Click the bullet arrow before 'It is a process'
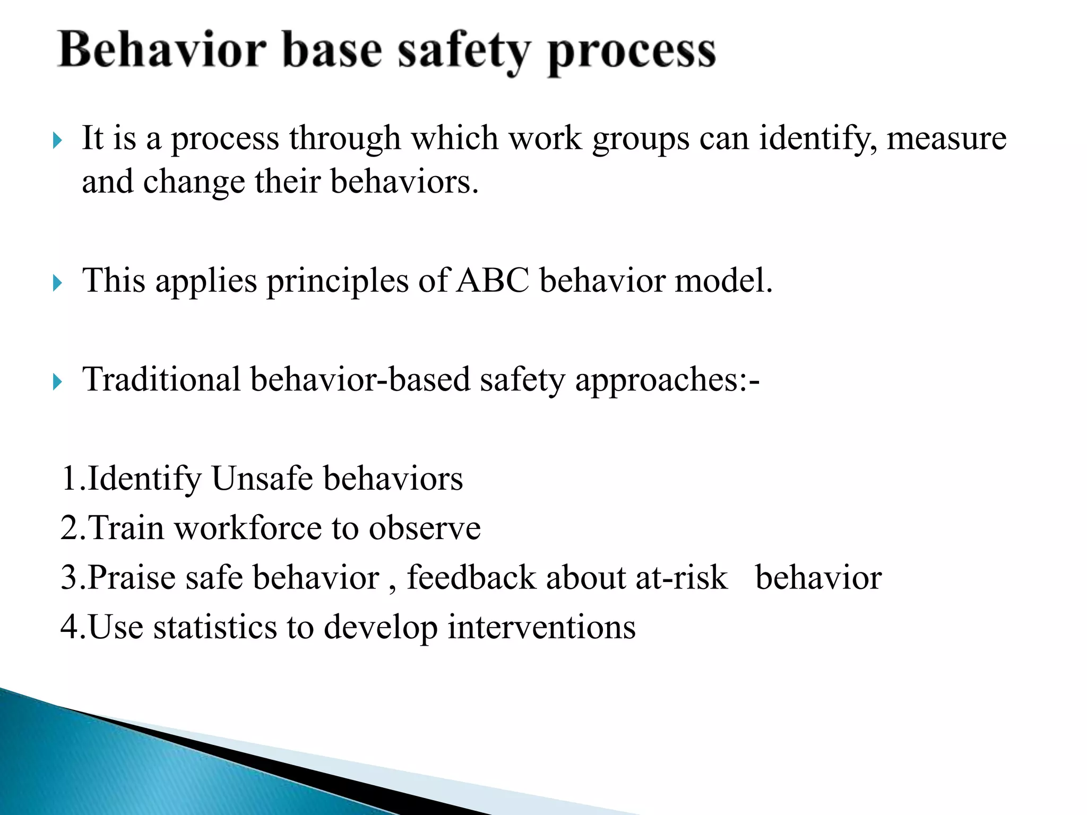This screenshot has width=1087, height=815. tap(58, 141)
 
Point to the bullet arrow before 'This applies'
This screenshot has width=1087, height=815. tap(58, 283)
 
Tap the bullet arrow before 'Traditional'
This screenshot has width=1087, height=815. tap(58, 382)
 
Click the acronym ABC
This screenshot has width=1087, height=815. tap(493, 280)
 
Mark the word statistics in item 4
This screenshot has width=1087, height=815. tap(215, 627)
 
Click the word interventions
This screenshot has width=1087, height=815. tap(541, 627)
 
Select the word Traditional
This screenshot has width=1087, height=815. tap(161, 380)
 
